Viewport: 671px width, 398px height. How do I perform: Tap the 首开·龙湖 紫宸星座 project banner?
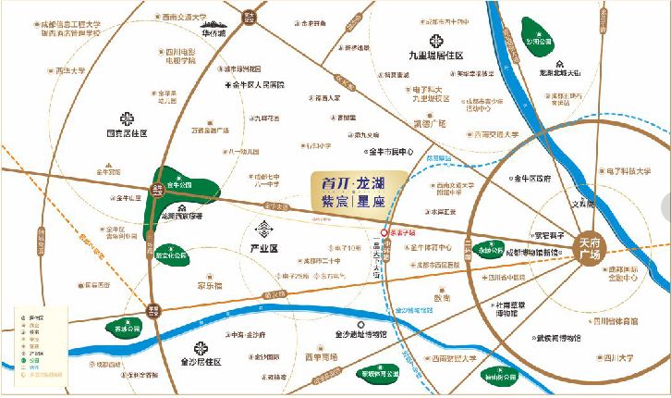click(353, 193)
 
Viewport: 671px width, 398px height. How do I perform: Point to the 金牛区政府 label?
click(531, 177)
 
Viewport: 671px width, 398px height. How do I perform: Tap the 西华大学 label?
click(69, 70)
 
